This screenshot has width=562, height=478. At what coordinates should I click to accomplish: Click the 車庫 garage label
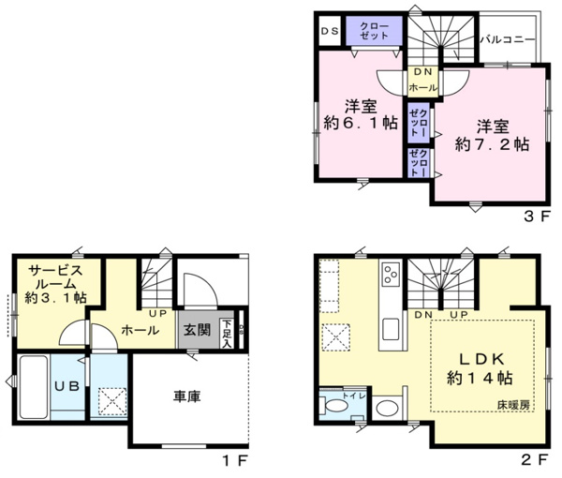coord(188,397)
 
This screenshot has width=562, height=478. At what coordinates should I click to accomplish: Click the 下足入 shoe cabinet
coord(227,331)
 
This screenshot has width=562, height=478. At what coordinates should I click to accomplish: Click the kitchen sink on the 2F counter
coord(391,329)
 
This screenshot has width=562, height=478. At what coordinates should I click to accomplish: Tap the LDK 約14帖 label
coord(481,367)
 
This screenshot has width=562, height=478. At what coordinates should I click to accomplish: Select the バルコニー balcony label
coord(507,40)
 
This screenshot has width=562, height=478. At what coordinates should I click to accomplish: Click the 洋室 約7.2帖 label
coord(491,135)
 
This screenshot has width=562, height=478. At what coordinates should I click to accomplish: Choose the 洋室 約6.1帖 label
coord(360,113)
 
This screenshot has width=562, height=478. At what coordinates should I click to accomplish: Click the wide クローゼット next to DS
coord(374,30)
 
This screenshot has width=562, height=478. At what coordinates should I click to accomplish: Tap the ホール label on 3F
coord(421,87)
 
